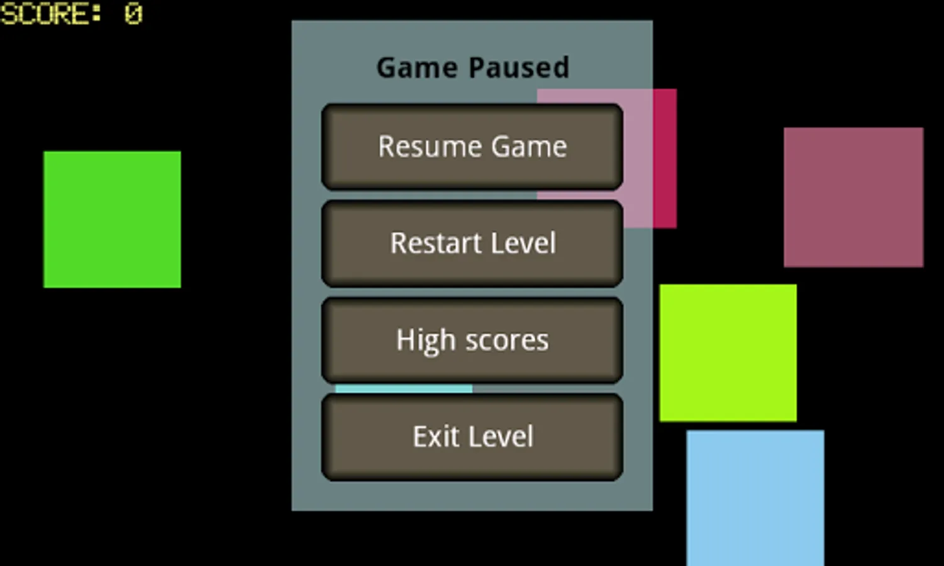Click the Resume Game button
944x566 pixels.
(x=472, y=147)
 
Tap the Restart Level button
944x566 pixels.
(x=472, y=243)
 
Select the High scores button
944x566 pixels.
(x=472, y=340)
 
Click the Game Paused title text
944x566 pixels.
(x=472, y=67)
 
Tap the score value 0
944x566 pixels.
(x=133, y=14)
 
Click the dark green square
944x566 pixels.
(x=112, y=219)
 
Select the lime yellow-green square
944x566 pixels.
(x=728, y=353)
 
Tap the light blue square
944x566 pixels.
(x=755, y=497)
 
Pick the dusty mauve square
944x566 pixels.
(x=853, y=197)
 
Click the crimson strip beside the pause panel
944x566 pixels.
(x=665, y=158)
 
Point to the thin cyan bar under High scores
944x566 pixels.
(x=404, y=389)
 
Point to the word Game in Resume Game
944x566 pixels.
(x=529, y=147)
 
